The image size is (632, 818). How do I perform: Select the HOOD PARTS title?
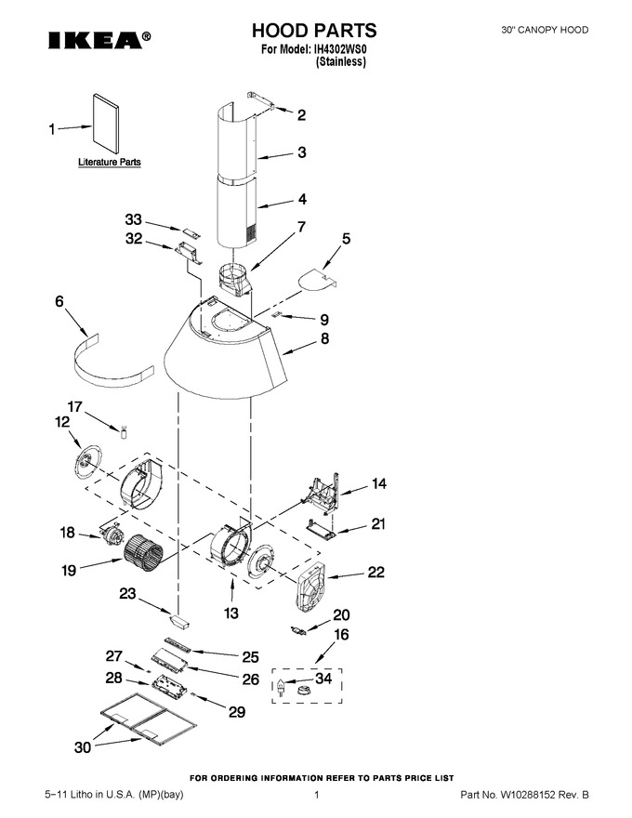[314, 31]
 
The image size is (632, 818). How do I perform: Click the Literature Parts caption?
[110, 163]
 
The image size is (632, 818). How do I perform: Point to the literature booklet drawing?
[105, 125]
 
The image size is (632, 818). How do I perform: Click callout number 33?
[134, 219]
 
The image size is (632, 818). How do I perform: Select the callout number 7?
[301, 227]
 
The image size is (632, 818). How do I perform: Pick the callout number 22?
[376, 572]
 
